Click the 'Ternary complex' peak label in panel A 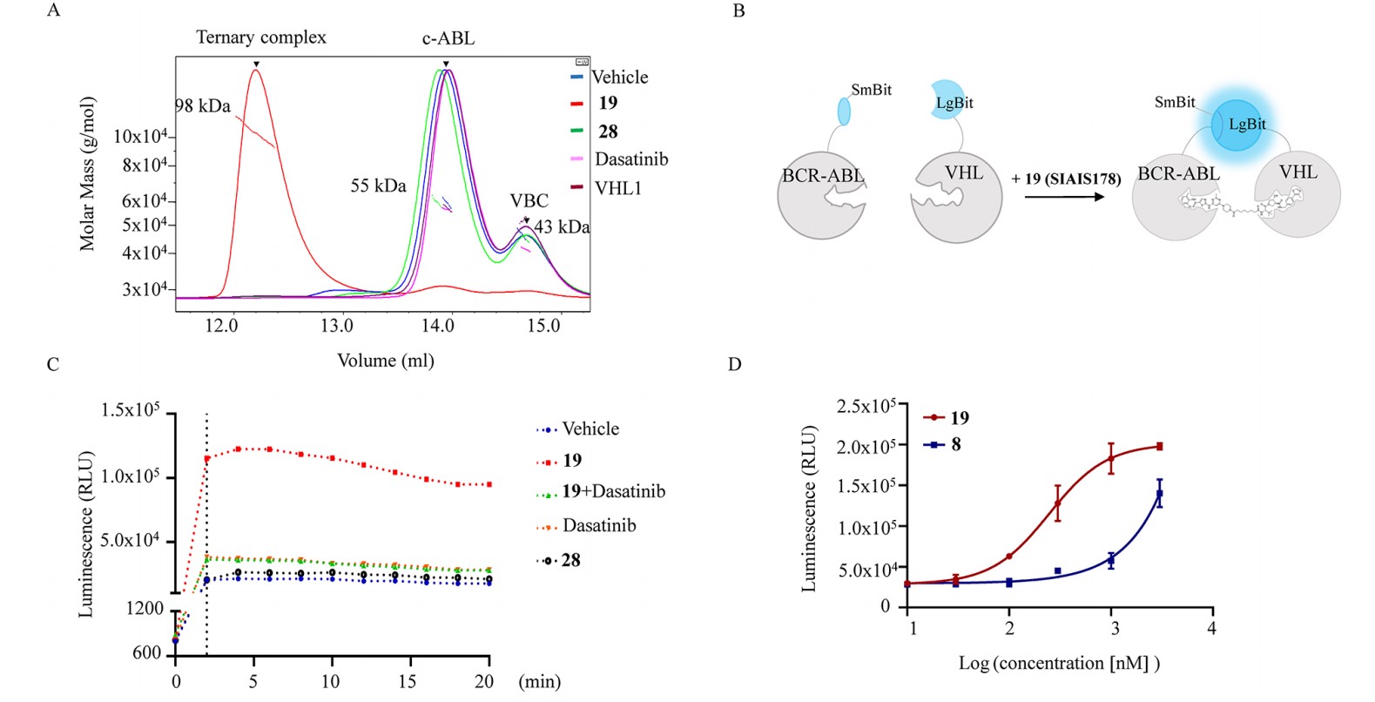[261, 37]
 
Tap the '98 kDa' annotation [203, 106]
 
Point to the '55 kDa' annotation [378, 186]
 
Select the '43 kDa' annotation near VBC [562, 227]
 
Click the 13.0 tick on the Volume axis [337, 325]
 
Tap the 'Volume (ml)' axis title [386, 361]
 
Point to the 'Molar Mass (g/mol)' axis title [87, 174]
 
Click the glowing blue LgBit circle [1237, 125]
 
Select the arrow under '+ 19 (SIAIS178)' [1064, 197]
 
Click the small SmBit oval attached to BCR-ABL [844, 111]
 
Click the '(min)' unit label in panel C [540, 681]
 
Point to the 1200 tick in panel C [145, 609]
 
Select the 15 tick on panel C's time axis [407, 681]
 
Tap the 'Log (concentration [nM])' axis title [1060, 664]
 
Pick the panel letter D [735, 364]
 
